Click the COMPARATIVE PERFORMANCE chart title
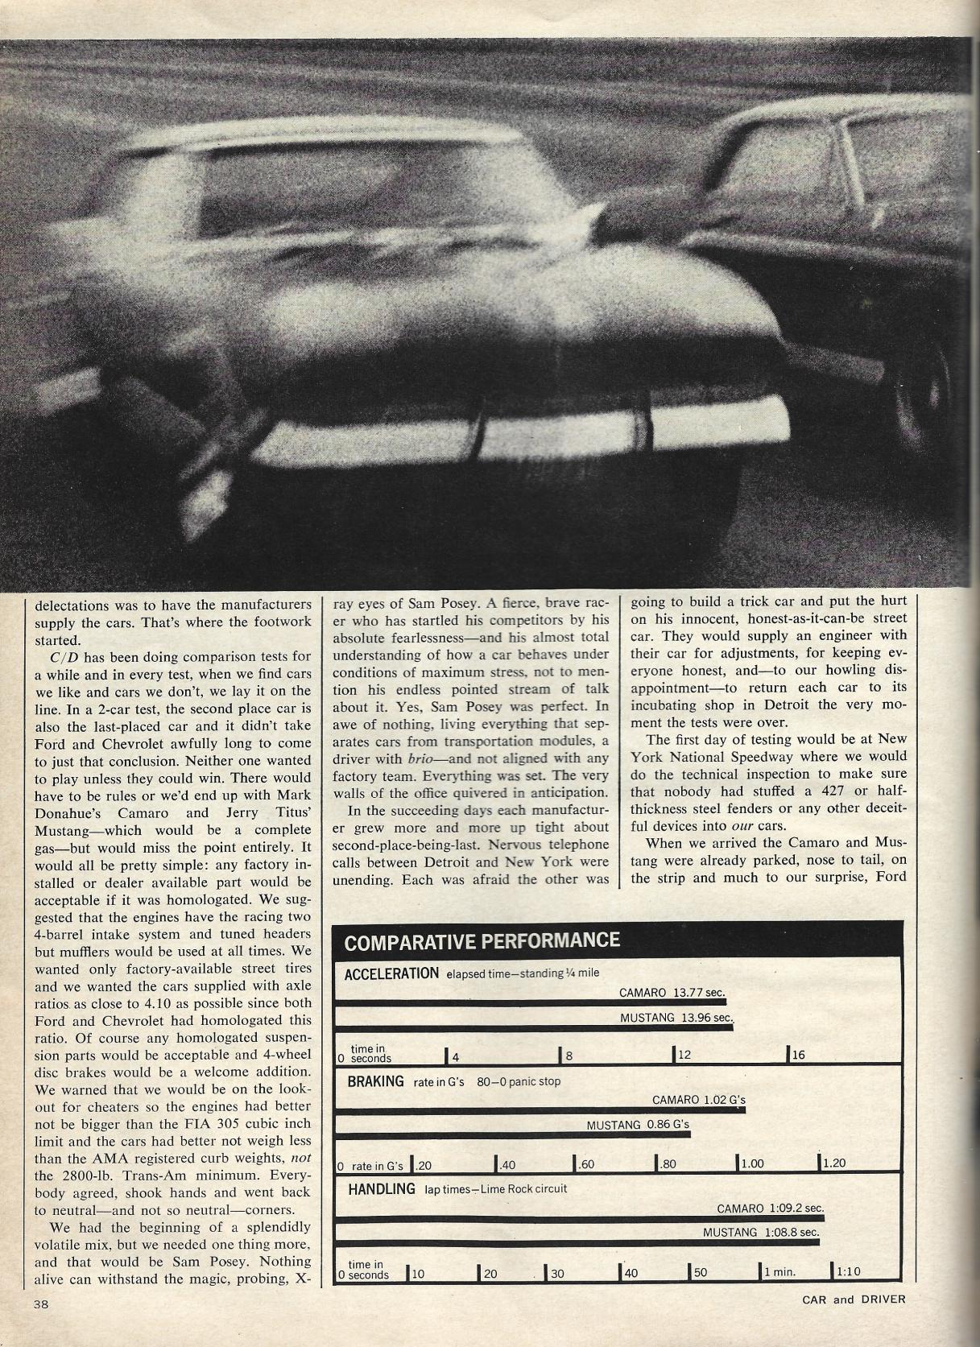pos(482,941)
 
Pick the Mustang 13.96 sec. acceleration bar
pos(533,1027)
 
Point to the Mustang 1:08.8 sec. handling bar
pos(577,1242)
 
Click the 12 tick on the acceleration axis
pos(683,1055)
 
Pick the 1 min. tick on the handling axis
pos(778,1272)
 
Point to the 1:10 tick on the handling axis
pos(847,1272)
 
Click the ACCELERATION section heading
pos(391,973)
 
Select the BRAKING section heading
pos(375,1081)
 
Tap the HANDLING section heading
pos(382,1188)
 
